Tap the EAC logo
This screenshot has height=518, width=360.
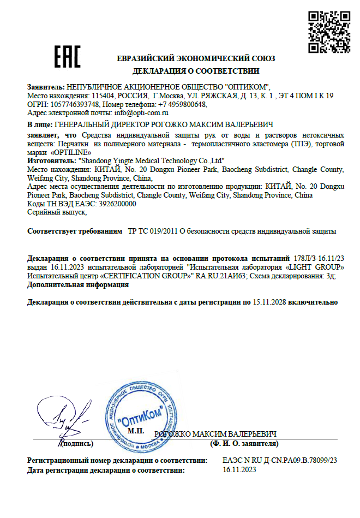coord(67,56)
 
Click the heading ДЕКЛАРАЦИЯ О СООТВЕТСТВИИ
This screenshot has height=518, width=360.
coord(196,71)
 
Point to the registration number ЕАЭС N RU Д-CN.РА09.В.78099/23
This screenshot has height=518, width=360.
coord(280,461)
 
